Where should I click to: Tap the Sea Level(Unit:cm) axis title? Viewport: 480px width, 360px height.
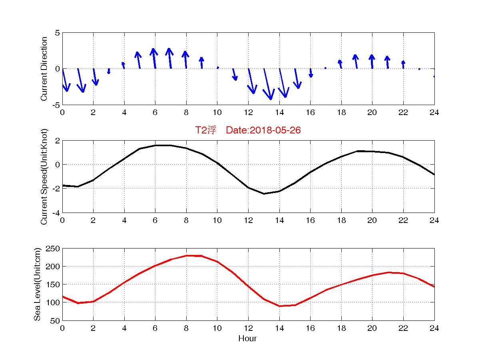pyautogui.click(x=38, y=284)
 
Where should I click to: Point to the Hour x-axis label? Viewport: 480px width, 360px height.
pyautogui.click(x=247, y=339)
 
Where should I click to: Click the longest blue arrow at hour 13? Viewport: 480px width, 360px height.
pyautogui.click(x=267, y=84)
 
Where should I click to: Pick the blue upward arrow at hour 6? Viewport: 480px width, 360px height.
pyautogui.click(x=154, y=58)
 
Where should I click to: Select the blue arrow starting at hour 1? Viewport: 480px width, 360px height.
pyautogui.click(x=81, y=80)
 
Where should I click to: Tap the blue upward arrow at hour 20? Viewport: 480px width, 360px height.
pyautogui.click(x=372, y=62)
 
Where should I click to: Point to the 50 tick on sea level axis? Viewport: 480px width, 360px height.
pyautogui.click(x=56, y=320)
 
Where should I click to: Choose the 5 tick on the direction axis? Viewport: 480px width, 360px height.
pyautogui.click(x=58, y=33)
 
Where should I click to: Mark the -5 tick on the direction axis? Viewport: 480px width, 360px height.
pyautogui.click(x=56, y=105)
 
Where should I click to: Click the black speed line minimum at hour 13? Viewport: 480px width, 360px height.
pyautogui.click(x=264, y=194)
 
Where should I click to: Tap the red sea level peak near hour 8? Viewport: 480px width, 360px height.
pyautogui.click(x=186, y=256)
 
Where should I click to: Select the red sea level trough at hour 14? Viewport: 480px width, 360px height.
pyautogui.click(x=279, y=306)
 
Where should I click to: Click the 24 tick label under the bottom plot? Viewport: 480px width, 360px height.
pyautogui.click(x=434, y=328)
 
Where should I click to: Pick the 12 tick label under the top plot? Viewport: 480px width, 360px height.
pyautogui.click(x=248, y=113)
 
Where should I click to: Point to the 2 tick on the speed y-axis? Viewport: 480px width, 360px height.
pyautogui.click(x=58, y=141)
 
